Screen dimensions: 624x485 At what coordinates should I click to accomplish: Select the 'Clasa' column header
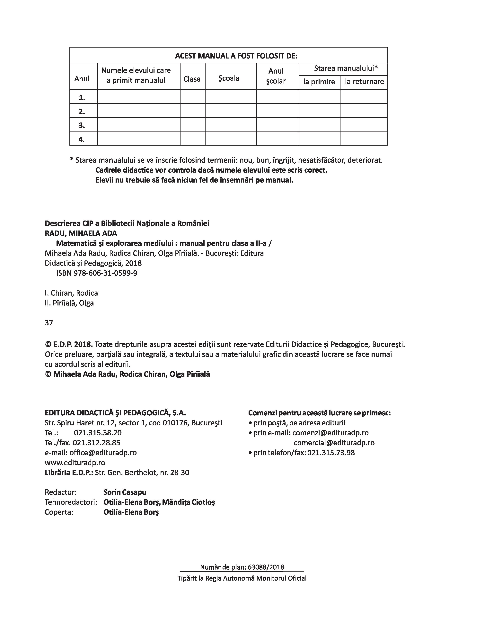(x=192, y=79)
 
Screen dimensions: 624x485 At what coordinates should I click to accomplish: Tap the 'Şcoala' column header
(x=229, y=78)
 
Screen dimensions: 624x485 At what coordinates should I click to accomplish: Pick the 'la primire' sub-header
(x=319, y=82)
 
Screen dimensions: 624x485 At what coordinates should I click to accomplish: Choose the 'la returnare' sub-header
(x=364, y=82)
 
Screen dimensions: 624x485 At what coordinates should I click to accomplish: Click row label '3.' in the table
(x=82, y=125)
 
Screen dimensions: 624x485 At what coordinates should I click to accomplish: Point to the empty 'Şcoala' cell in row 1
(x=231, y=97)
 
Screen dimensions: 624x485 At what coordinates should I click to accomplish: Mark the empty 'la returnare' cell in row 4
(x=364, y=139)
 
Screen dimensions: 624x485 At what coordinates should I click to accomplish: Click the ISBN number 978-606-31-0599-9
(x=105, y=273)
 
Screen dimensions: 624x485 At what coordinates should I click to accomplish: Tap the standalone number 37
(x=49, y=323)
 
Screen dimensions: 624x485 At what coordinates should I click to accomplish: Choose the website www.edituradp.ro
(x=75, y=463)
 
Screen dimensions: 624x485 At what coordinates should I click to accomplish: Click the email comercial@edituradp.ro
(x=334, y=443)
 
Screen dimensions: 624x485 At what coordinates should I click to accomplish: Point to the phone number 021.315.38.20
(x=98, y=433)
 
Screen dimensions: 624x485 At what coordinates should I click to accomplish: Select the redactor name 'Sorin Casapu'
(x=125, y=492)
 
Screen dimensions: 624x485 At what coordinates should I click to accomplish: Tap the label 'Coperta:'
(x=59, y=512)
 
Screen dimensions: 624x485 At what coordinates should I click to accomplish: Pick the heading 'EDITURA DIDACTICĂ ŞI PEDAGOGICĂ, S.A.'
(x=115, y=413)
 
